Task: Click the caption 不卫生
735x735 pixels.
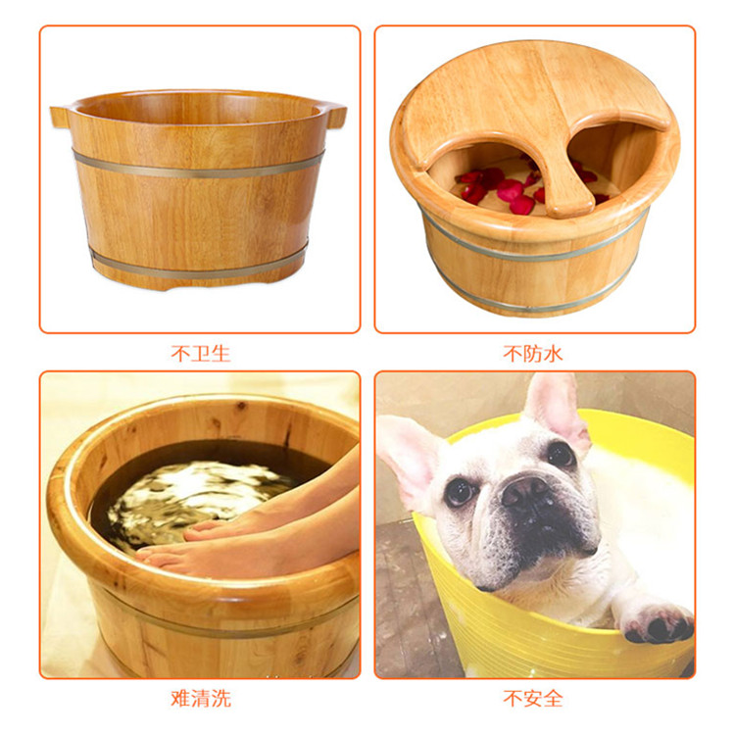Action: click(200, 354)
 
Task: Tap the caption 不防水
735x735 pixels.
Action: click(533, 354)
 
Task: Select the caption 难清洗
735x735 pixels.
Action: click(201, 699)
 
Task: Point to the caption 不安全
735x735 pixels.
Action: click(533, 699)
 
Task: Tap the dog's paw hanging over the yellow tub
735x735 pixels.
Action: click(658, 621)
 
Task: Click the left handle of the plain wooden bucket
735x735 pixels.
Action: click(60, 117)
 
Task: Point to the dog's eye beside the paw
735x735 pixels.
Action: click(562, 454)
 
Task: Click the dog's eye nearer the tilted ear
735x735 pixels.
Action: click(460, 492)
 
